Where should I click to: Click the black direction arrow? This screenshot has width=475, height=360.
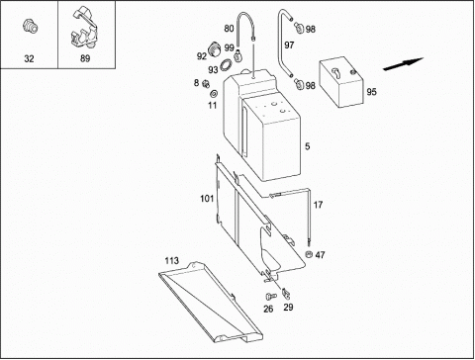pos(403,64)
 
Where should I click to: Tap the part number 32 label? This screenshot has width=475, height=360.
pos(29,58)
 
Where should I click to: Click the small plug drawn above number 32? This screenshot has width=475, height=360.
pos(30,26)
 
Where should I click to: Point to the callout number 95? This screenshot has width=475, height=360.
pos(371,92)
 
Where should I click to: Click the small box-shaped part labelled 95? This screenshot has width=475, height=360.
pos(340,82)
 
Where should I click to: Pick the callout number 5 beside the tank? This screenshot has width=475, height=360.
pos(307,146)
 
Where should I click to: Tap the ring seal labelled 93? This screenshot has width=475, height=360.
pos(226,64)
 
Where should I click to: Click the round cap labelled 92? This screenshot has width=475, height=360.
pos(215,49)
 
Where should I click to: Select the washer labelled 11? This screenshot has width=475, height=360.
pos(213,94)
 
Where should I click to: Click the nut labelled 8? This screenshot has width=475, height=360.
pos(206,84)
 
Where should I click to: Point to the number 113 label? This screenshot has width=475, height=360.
pos(172,261)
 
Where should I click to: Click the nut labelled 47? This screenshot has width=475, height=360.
pos(309,254)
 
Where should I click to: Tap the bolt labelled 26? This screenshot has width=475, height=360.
pos(271,297)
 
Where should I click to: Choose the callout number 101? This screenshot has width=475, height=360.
pos(207,199)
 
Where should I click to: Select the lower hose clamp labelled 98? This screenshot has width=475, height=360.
pos(300,84)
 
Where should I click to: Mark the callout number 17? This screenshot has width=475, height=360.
pos(318,205)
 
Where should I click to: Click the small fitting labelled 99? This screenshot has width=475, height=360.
pos(237,55)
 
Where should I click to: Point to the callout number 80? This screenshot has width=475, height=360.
pos(229,29)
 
